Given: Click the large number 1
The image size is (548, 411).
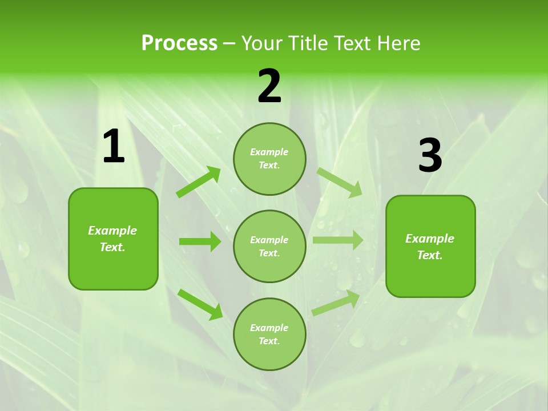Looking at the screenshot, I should [114, 147].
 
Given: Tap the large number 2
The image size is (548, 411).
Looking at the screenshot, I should [269, 86].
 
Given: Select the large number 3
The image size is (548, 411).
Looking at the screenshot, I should [430, 156].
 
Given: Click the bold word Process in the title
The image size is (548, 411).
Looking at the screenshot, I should [179, 43].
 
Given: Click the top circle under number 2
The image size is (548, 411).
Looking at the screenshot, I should [269, 159].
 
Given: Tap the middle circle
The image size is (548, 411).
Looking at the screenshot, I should [269, 246].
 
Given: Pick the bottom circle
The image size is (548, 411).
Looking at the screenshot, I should [269, 334].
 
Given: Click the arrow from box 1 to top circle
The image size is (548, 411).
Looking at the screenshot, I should [199, 182].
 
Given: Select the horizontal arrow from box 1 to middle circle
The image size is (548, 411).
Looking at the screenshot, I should [200, 241].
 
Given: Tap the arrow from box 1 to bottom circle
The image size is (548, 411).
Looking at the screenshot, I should [200, 304].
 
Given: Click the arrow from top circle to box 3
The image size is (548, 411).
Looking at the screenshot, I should [340, 183].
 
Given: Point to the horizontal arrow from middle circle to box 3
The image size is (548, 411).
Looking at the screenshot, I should [338, 240].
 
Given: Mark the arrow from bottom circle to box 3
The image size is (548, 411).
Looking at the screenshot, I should [336, 303].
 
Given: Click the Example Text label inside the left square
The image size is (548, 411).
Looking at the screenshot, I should [113, 239].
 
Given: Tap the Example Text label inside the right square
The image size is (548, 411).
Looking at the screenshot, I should [430, 247].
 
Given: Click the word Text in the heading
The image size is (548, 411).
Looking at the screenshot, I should [352, 43].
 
